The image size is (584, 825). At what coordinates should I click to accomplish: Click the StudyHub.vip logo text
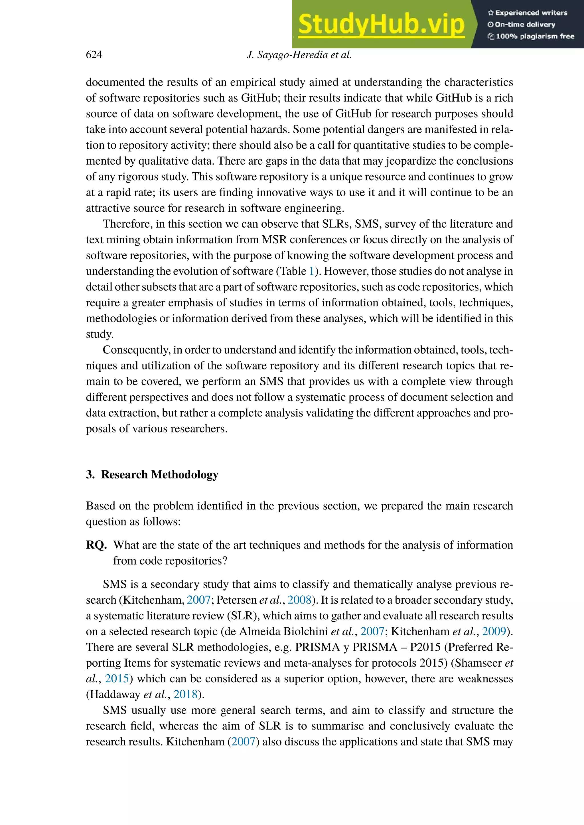(381, 25)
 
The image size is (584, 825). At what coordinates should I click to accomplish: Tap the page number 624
(94, 55)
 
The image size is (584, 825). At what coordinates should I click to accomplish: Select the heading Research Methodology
(159, 475)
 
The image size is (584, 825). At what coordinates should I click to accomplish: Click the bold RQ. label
(96, 545)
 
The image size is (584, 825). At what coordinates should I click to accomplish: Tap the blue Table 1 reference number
(311, 271)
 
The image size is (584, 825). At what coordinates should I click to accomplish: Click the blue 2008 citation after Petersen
(299, 600)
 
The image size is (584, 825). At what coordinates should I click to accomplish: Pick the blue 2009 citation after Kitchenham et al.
(494, 631)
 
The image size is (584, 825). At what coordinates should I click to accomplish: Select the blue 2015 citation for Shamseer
(117, 679)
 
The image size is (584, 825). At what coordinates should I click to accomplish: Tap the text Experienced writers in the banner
(531, 13)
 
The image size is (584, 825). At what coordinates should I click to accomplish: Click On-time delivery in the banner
(525, 25)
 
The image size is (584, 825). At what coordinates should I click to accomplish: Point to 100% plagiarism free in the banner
(535, 36)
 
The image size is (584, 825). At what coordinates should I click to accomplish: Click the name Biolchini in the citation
(305, 631)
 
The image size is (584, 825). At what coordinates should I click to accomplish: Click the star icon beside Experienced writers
(490, 13)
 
